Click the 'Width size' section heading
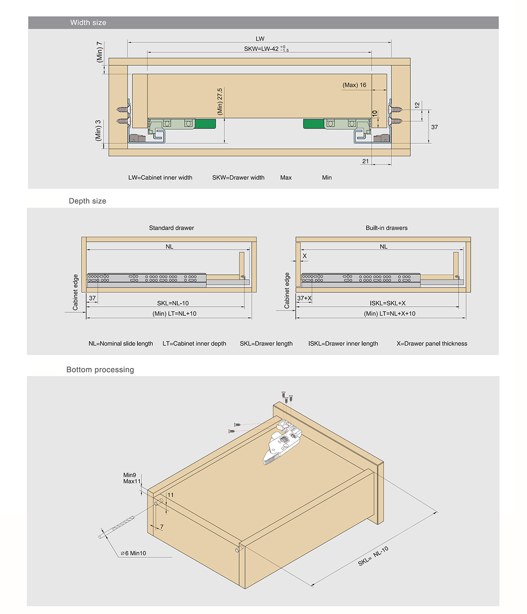coord(88,23)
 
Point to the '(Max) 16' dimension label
coord(354,85)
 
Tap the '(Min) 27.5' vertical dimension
coord(220,101)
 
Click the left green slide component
coord(205,124)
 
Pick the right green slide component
coord(313,124)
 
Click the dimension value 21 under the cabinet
coord(365,161)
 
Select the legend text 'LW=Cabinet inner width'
coord(160,177)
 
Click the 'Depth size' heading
coord(87,201)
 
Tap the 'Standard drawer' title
coord(171,228)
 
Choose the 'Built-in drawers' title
coord(386,228)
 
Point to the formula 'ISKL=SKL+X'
coord(387,303)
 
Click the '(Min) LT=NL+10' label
coord(174,314)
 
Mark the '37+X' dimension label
coord(304,298)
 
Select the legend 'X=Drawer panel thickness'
coord(432,343)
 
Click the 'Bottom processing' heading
coord(100,369)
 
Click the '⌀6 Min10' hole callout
coord(133,553)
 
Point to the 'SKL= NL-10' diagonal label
coord(373,556)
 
